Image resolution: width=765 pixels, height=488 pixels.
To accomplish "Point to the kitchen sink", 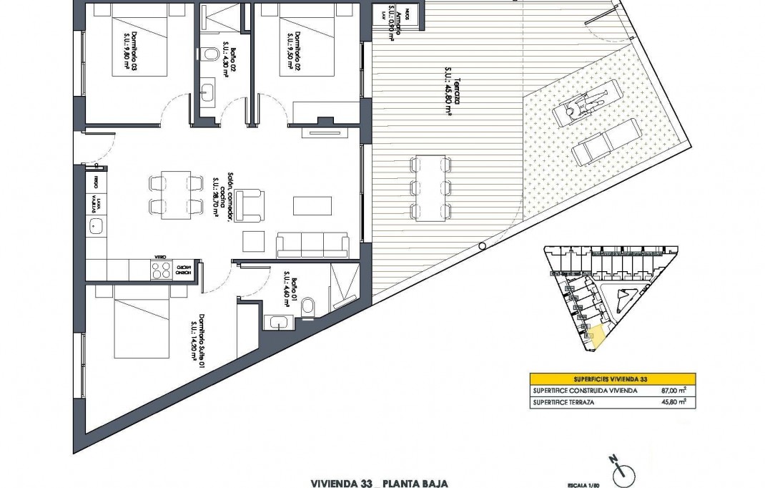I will (x=95, y=228).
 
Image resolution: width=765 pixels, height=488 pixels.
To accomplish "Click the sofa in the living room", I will (x=313, y=245).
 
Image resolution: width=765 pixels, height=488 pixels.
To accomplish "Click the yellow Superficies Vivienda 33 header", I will (x=612, y=379).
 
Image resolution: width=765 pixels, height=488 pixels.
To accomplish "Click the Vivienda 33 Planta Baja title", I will (x=379, y=483).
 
